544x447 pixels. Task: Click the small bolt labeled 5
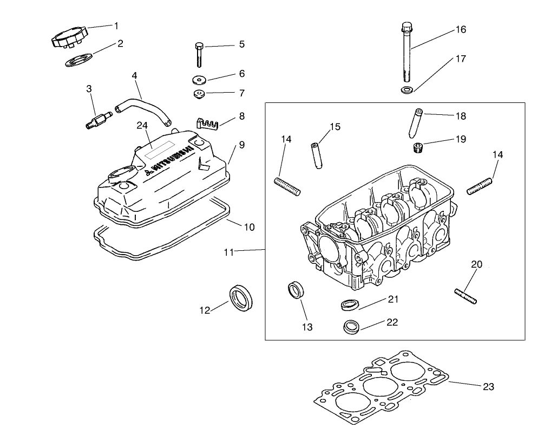(x=199, y=54)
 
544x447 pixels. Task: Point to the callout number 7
(x=241, y=93)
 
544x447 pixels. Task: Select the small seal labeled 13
(x=296, y=289)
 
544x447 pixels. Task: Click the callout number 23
(x=488, y=387)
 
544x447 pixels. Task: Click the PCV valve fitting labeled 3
(x=98, y=120)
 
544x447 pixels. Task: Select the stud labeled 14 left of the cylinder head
(x=289, y=186)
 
